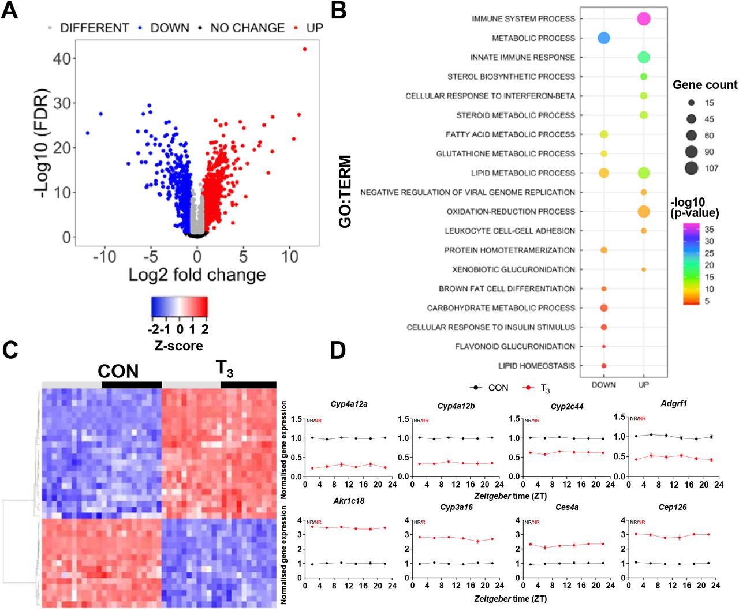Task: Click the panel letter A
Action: (10, 10)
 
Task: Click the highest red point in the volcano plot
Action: (305, 49)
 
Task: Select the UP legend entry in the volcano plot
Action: (314, 28)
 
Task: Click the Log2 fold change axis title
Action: (197, 275)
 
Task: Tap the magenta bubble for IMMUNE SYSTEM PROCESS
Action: (643, 19)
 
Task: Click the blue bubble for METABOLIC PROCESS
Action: (603, 38)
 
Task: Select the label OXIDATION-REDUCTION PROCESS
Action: (510, 212)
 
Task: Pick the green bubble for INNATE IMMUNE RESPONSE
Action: (643, 57)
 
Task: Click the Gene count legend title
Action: (704, 85)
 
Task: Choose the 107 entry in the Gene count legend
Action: (711, 168)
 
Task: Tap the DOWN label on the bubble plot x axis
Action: (603, 385)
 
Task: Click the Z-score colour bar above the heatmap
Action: (179, 308)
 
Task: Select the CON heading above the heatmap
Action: (118, 371)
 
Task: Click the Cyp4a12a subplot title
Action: (349, 404)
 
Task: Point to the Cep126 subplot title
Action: (673, 507)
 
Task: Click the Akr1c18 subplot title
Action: (349, 501)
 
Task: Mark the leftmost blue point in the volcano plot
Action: (88, 133)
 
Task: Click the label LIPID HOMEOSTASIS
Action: (536, 366)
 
